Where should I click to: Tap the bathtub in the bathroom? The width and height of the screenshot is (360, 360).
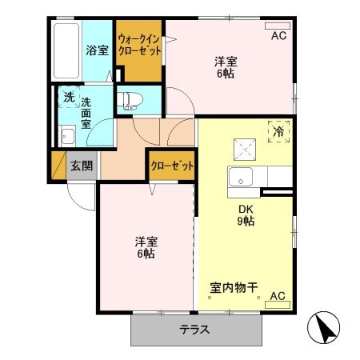point(66,50)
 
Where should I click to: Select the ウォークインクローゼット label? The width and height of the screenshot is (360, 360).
point(139,44)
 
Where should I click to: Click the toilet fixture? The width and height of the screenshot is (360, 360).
point(129,101)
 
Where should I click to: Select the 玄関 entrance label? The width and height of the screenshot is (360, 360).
point(80,166)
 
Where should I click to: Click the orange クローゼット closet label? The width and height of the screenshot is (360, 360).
point(172,166)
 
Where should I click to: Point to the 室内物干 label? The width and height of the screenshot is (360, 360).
point(233,287)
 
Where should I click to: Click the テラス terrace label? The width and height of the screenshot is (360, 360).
point(194,330)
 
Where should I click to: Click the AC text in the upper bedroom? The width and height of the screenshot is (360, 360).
point(278,36)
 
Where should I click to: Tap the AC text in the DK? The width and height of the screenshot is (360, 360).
point(277,296)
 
